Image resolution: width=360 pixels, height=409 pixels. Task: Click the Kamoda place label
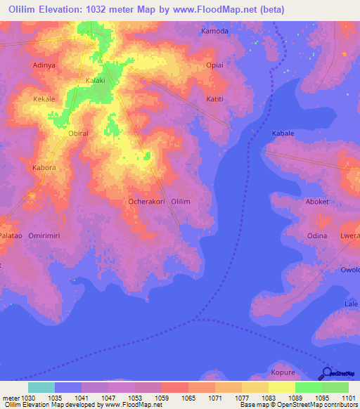click(215, 32)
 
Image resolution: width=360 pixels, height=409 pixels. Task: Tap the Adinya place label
click(44, 65)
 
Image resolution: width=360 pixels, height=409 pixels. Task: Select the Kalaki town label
click(96, 81)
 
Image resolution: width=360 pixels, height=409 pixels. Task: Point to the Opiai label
click(214, 65)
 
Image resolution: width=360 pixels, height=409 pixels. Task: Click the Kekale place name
click(44, 99)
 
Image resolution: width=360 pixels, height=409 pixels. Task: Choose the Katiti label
click(214, 99)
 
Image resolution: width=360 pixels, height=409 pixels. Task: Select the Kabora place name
click(44, 168)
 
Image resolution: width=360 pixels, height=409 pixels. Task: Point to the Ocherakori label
click(146, 202)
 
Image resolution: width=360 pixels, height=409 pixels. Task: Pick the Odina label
click(316, 235)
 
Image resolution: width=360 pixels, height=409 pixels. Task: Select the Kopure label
click(283, 372)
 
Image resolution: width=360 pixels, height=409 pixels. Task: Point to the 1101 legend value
click(349, 398)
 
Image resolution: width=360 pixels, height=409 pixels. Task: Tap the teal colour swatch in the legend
click(41, 387)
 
